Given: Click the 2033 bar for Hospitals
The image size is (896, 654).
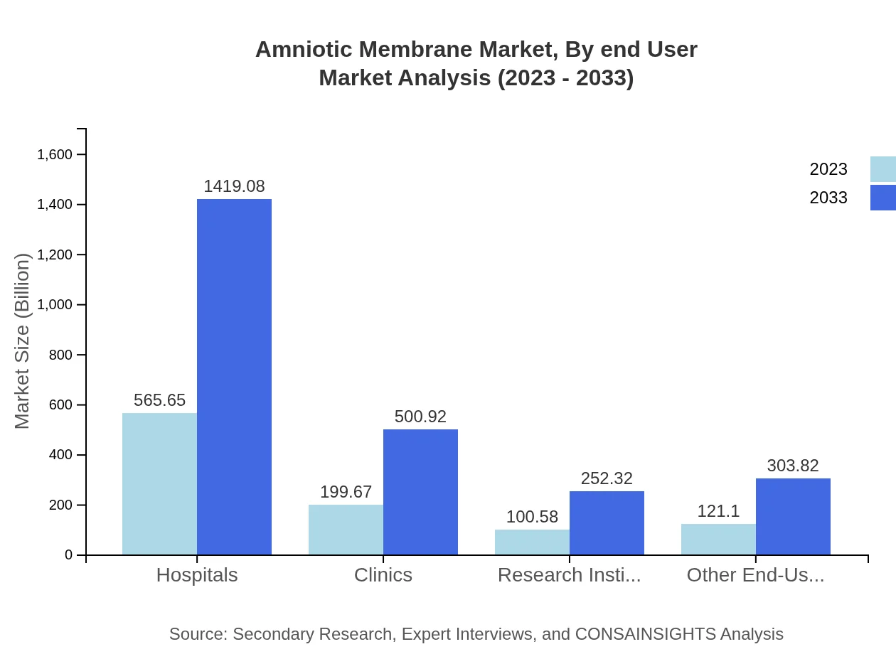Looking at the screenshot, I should click(234, 377).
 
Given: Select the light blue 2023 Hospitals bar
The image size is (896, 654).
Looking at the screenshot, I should click(159, 483).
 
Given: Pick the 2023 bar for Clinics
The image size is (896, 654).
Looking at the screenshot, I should click(346, 530).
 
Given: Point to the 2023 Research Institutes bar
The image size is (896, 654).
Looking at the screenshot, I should click(532, 542).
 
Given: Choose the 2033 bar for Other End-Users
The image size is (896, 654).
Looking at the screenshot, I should click(793, 517).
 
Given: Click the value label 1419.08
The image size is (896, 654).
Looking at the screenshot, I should click(234, 186).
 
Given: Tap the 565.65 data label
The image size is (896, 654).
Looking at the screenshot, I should click(159, 400).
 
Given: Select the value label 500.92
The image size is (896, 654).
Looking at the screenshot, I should click(420, 417).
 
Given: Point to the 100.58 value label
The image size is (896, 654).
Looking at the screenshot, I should click(532, 517).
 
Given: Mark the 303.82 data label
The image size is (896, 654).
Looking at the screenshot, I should click(793, 466).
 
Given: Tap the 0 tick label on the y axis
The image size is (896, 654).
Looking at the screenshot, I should click(68, 555).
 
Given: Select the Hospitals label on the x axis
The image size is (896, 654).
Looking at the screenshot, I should click(197, 575).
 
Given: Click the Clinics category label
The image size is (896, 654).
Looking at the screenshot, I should click(383, 575).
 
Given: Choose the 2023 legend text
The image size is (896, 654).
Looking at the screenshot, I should click(828, 169).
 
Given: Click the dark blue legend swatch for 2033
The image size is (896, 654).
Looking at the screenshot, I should click(882, 198).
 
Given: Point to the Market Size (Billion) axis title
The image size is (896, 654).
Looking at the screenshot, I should click(23, 341).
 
